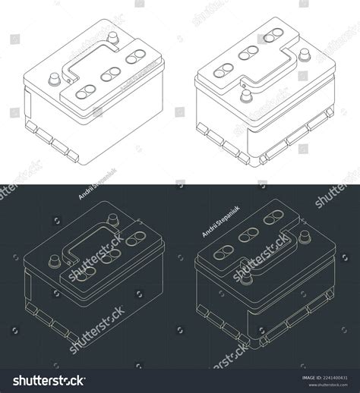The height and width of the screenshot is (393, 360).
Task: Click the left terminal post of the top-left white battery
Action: point(55,78)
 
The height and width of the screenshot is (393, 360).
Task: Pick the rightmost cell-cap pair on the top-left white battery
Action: point(137,56)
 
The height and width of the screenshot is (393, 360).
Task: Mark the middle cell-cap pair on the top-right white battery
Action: point(248,52)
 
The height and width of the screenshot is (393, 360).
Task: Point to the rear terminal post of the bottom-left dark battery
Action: point(113,219)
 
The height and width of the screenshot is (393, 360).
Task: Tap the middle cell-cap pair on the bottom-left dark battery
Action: point(110,255)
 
